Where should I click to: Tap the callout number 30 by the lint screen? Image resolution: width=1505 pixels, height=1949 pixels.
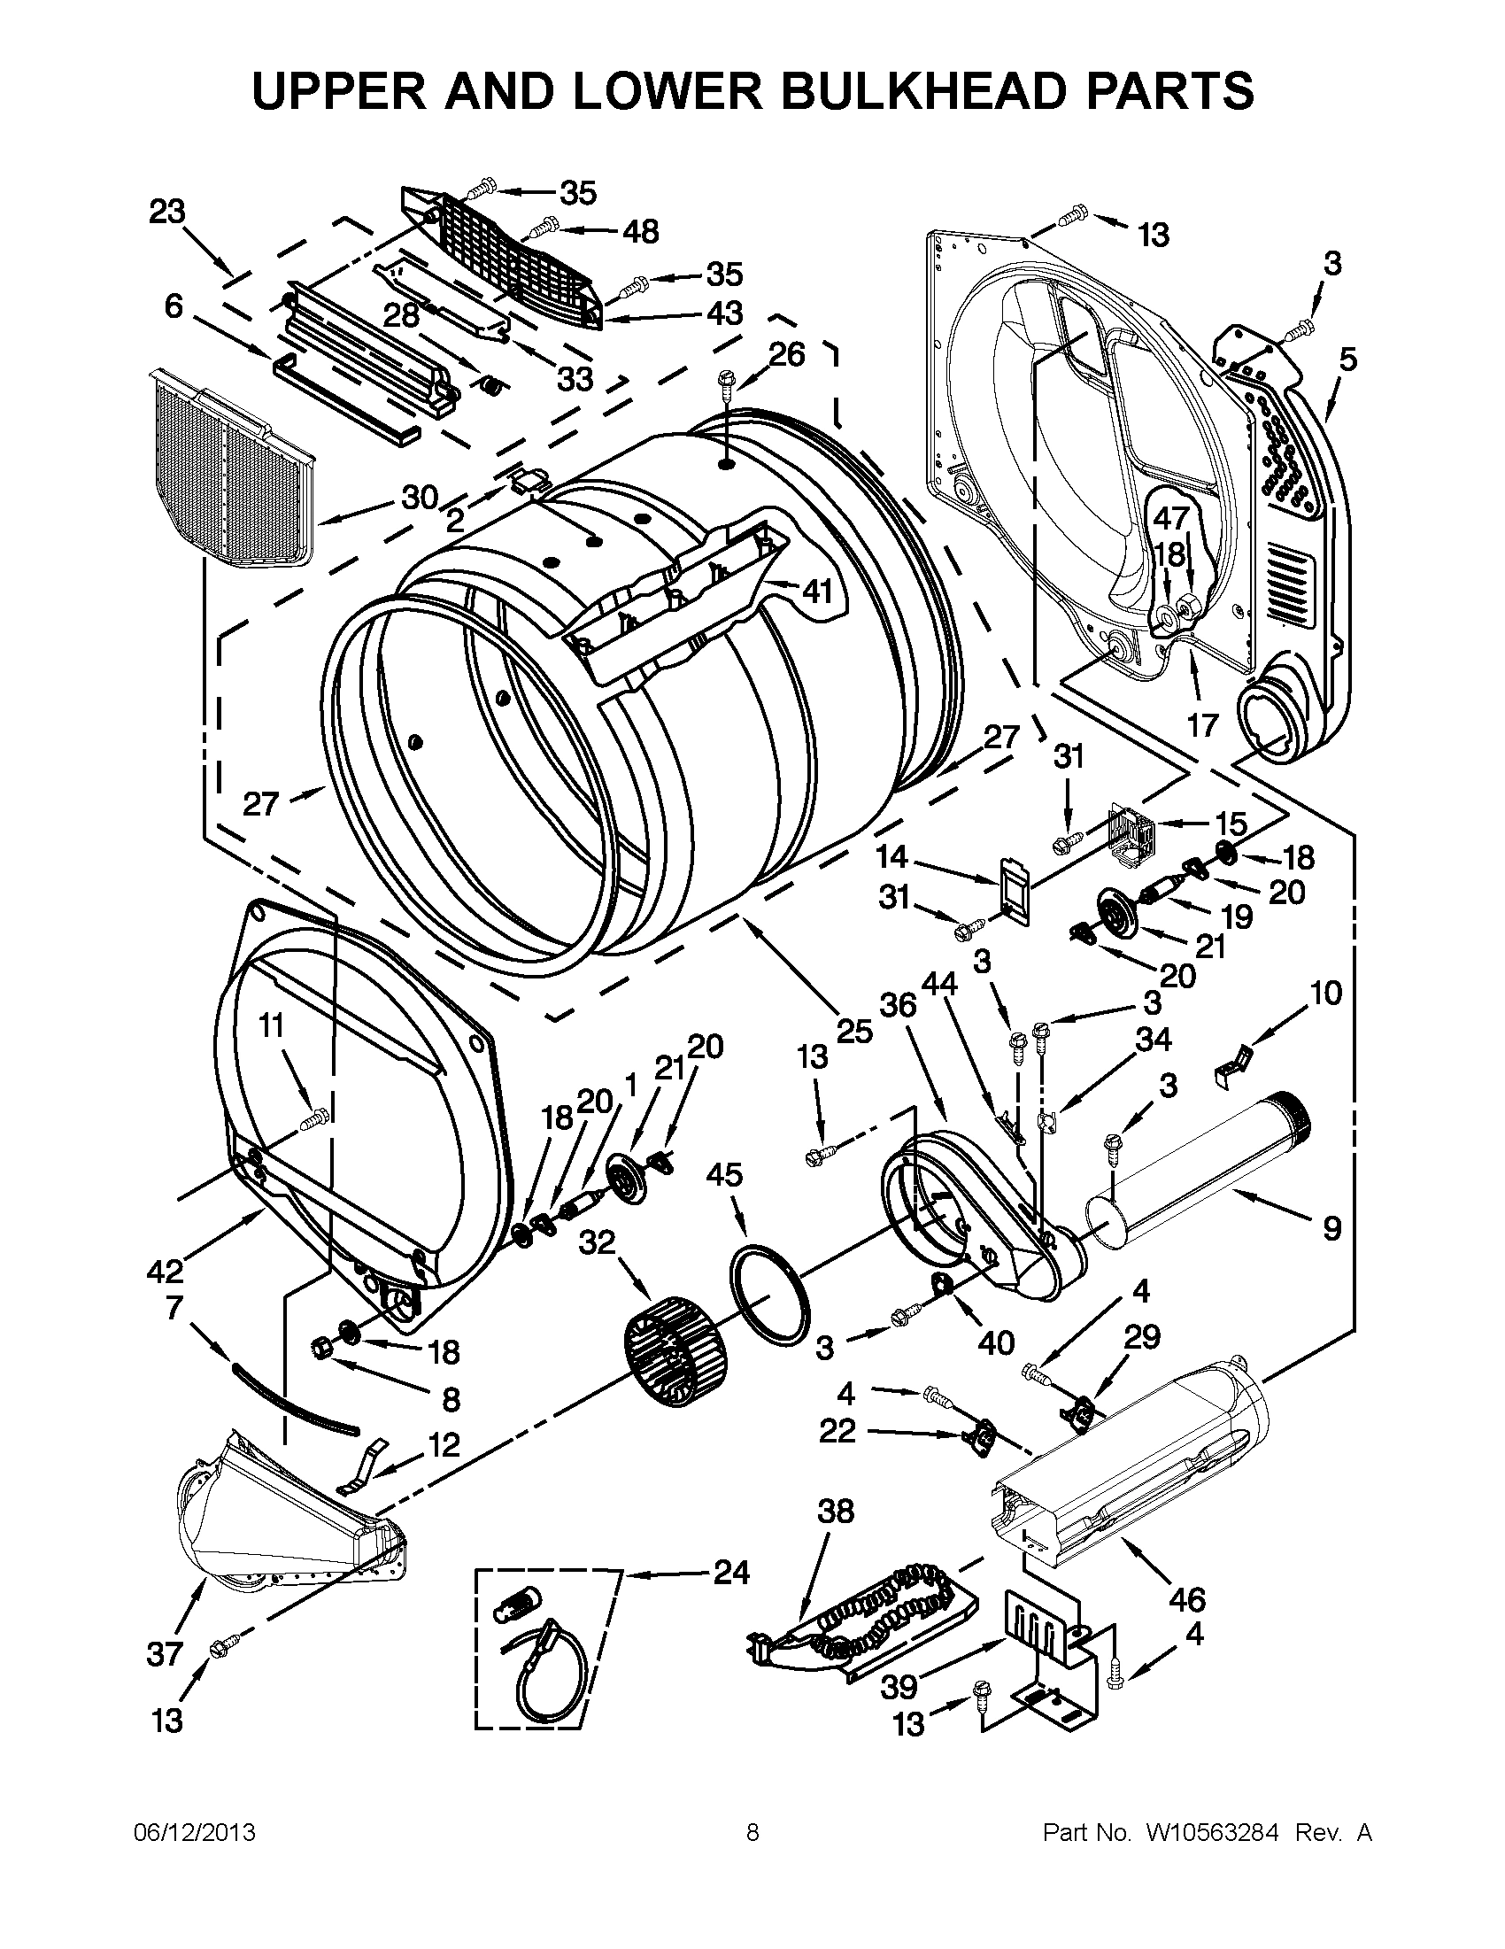pos(420,496)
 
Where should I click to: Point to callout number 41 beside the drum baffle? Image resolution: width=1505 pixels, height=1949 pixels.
pos(816,591)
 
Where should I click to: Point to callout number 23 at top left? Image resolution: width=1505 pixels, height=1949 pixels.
pos(166,212)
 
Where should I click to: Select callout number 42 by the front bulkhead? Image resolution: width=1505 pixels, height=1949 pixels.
pos(166,1270)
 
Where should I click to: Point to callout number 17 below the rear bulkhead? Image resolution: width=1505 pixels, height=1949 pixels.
pos(1201,725)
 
